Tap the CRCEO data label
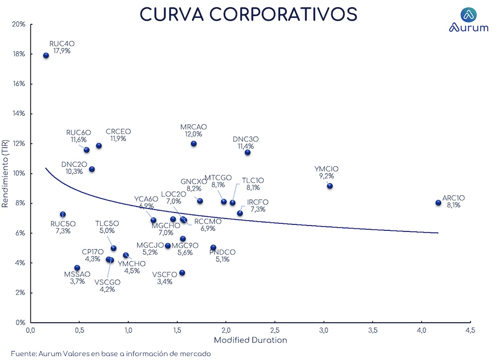[118, 135]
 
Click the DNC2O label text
[75, 168]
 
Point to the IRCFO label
[257, 206]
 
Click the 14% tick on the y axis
[18, 114]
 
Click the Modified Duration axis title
[250, 340]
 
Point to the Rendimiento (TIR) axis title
[6, 173]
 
